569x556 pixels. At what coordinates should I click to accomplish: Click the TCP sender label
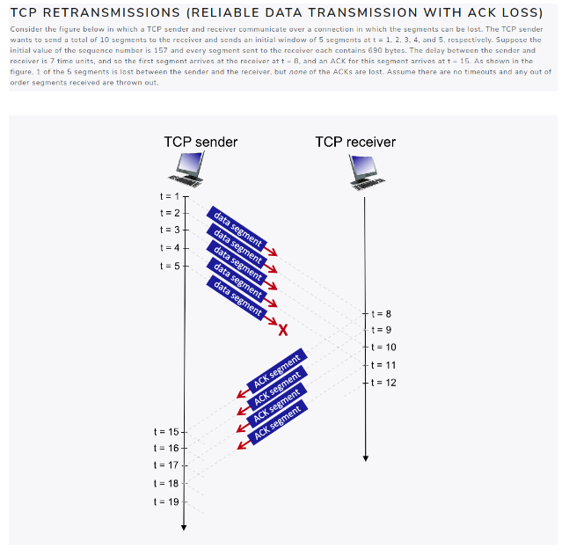pyautogui.click(x=201, y=142)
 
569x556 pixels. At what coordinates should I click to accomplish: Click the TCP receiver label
pyautogui.click(x=355, y=142)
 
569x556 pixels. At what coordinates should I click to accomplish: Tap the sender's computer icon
pyautogui.click(x=190, y=171)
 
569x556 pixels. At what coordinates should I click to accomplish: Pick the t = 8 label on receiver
pyautogui.click(x=381, y=313)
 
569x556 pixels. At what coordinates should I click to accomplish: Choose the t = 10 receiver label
pyautogui.click(x=383, y=347)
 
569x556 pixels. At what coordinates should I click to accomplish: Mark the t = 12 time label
pyautogui.click(x=383, y=382)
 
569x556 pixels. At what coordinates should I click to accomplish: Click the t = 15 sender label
pyautogui.click(x=165, y=432)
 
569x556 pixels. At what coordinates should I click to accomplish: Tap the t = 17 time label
pyautogui.click(x=165, y=465)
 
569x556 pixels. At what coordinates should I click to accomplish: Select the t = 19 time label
pyautogui.click(x=165, y=501)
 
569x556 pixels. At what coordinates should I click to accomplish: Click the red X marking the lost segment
pyautogui.click(x=283, y=331)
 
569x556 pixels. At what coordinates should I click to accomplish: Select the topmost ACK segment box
pyautogui.click(x=277, y=370)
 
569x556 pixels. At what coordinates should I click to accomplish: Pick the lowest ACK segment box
pyautogui.click(x=278, y=422)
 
